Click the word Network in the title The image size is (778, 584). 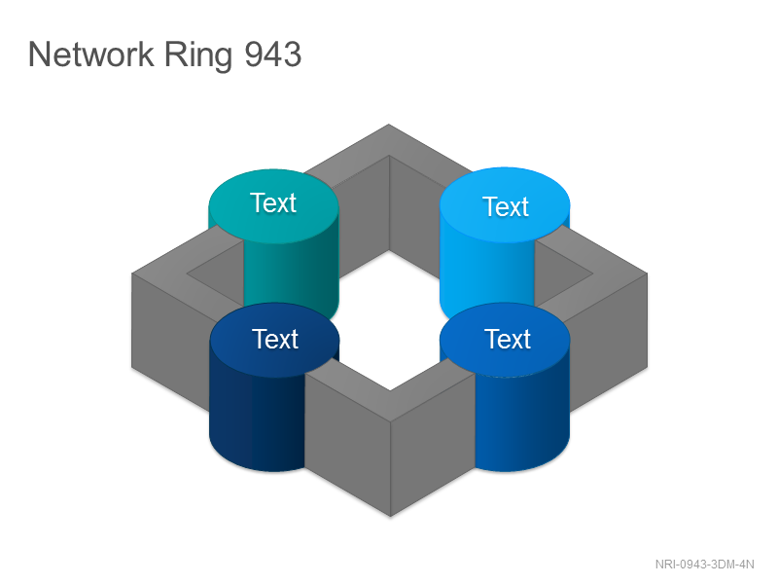90,55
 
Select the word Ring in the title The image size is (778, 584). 198,56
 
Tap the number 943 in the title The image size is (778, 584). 273,55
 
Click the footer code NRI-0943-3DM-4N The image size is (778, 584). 704,565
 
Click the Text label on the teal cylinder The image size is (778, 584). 273,202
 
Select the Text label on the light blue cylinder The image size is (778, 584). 506,206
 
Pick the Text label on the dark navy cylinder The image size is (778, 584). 275,339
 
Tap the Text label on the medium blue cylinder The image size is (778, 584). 507,339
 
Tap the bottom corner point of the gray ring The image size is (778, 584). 391,517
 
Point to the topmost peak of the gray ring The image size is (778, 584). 388,125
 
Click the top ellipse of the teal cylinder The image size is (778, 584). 273,206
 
